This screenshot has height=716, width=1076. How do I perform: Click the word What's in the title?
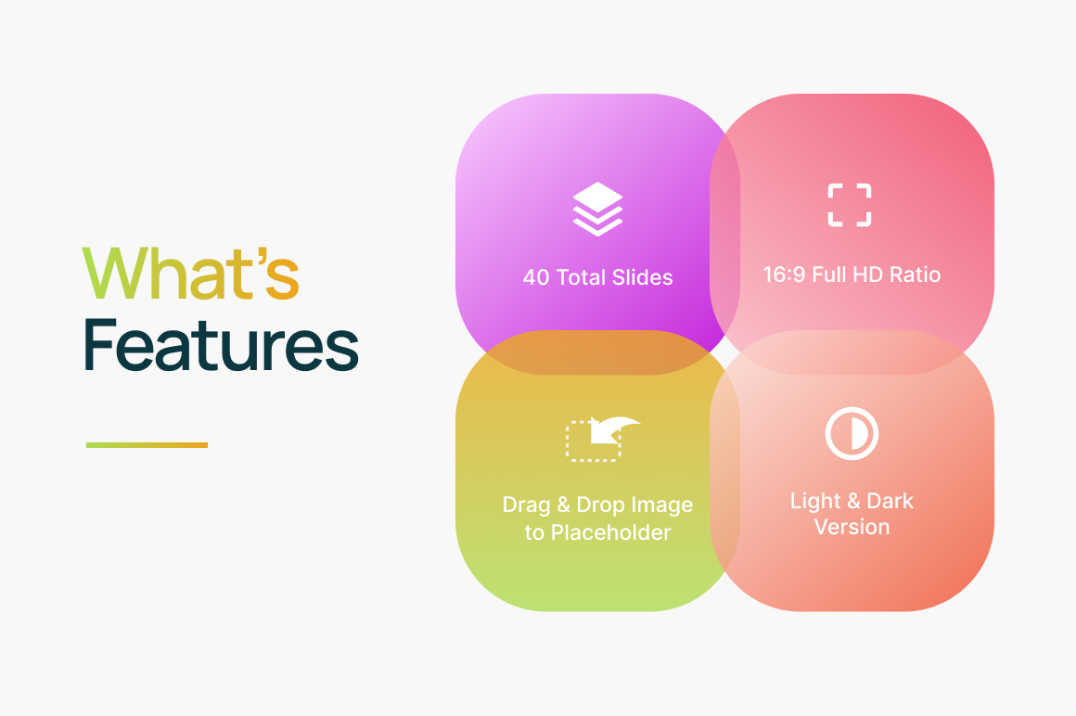(191, 274)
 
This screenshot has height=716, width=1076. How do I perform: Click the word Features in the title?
(221, 345)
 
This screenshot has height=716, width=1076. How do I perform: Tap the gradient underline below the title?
(147, 445)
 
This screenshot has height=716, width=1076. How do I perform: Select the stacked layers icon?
(597, 210)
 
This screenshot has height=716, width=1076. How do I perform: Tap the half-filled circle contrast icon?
(852, 433)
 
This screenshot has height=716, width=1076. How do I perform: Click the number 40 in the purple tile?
(536, 277)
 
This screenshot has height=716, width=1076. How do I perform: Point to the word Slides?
(642, 277)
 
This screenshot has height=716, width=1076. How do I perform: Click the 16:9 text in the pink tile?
(784, 275)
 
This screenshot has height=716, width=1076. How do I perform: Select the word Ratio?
(915, 275)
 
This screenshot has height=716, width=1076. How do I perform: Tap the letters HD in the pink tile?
(867, 275)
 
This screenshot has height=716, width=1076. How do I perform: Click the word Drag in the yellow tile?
(526, 505)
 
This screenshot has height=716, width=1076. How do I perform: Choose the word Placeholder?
(610, 532)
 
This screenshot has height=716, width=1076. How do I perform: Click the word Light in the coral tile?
(815, 502)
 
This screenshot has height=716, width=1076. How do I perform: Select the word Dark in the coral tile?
(890, 501)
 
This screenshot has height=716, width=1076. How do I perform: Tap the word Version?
(852, 527)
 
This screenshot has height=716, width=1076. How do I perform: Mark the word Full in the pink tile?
(829, 275)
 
